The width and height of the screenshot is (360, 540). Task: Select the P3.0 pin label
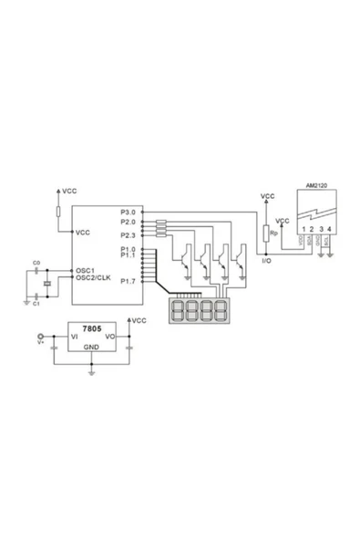pyautogui.click(x=127, y=213)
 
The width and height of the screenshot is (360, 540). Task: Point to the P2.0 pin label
pyautogui.click(x=127, y=222)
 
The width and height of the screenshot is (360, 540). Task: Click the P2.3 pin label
pyautogui.click(x=127, y=235)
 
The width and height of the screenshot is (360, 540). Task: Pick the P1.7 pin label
pyautogui.click(x=127, y=281)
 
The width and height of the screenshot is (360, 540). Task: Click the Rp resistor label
pyautogui.click(x=273, y=234)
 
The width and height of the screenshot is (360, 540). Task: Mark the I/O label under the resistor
pyautogui.click(x=266, y=261)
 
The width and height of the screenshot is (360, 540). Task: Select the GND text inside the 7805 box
pyautogui.click(x=92, y=348)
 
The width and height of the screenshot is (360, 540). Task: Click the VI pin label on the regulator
pyautogui.click(x=63, y=337)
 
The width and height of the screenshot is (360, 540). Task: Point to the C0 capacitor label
pyautogui.click(x=36, y=263)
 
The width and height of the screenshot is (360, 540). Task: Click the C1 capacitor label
pyautogui.click(x=36, y=302)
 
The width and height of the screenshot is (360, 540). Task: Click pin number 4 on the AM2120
pyautogui.click(x=329, y=228)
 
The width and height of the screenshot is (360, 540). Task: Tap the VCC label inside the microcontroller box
pyautogui.click(x=83, y=232)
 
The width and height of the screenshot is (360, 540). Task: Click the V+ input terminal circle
pyautogui.click(x=39, y=337)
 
